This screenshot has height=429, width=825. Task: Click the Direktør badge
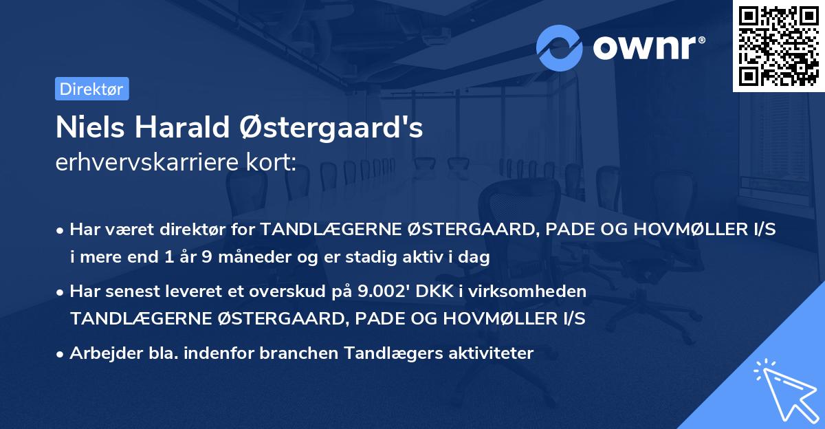[x=91, y=89]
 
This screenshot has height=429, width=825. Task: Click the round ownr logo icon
[x=560, y=47]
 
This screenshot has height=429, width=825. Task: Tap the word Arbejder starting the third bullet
[x=100, y=353]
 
